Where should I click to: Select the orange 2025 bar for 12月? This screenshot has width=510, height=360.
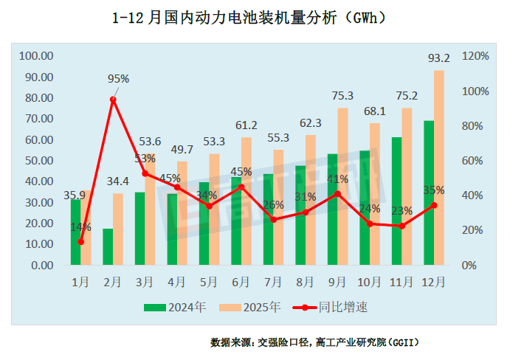pos(438,167)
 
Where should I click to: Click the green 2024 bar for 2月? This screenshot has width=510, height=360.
pos(108,246)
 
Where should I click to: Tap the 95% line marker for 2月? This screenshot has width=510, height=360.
pos(113,99)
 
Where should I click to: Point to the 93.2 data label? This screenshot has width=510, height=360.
pos(438,58)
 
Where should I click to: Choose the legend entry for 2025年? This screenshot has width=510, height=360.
pos(252,305)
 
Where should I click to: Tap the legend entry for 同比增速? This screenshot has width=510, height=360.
pos(332,305)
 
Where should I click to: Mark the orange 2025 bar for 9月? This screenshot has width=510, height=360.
pos(342,186)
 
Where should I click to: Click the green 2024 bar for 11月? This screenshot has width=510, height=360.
pos(396,201)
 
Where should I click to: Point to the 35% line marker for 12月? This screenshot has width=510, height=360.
pos(434,205)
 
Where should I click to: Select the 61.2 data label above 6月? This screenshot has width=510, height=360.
pos(246,125)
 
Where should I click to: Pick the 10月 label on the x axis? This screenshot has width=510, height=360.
pos(369,281)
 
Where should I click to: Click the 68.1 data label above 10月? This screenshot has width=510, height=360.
pos(374,111)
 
